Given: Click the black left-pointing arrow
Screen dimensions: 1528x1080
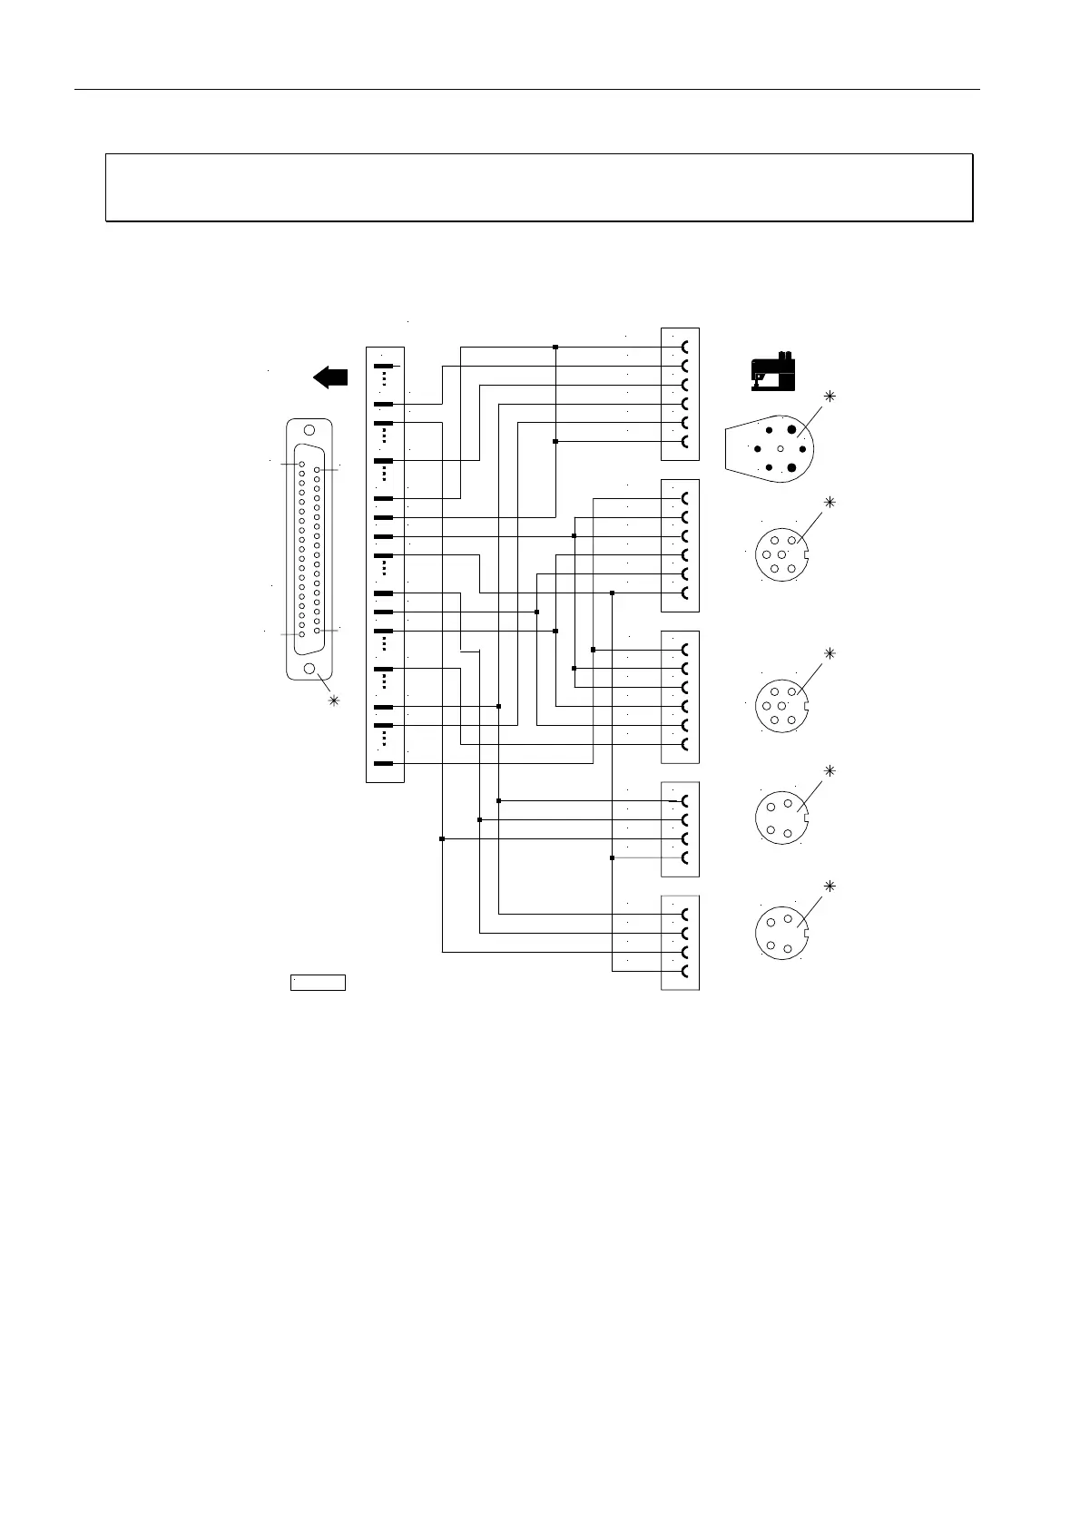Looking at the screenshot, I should [331, 377].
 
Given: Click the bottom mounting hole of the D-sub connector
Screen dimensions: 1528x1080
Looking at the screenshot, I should [309, 669].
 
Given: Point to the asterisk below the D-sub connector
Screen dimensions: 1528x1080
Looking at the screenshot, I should [334, 700].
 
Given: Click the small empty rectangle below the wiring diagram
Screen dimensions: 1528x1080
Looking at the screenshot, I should [318, 982].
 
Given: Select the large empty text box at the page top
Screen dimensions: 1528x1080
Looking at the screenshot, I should [539, 188].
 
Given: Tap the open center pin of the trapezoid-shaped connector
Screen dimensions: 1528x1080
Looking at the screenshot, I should [781, 449].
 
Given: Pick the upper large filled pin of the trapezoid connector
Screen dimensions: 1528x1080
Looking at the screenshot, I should [791, 430].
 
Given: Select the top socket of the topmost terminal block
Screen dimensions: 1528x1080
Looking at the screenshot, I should [685, 347].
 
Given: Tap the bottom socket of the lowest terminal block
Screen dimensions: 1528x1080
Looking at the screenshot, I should [685, 971].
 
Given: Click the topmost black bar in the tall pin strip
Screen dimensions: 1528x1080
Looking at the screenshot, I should [384, 367].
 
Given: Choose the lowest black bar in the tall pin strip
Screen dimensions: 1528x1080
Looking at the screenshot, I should [384, 764].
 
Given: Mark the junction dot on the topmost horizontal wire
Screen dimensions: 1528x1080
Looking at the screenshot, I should [555, 347].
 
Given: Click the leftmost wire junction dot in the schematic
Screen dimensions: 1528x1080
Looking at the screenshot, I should [442, 839].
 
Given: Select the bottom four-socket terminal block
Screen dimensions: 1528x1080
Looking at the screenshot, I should [681, 943].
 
